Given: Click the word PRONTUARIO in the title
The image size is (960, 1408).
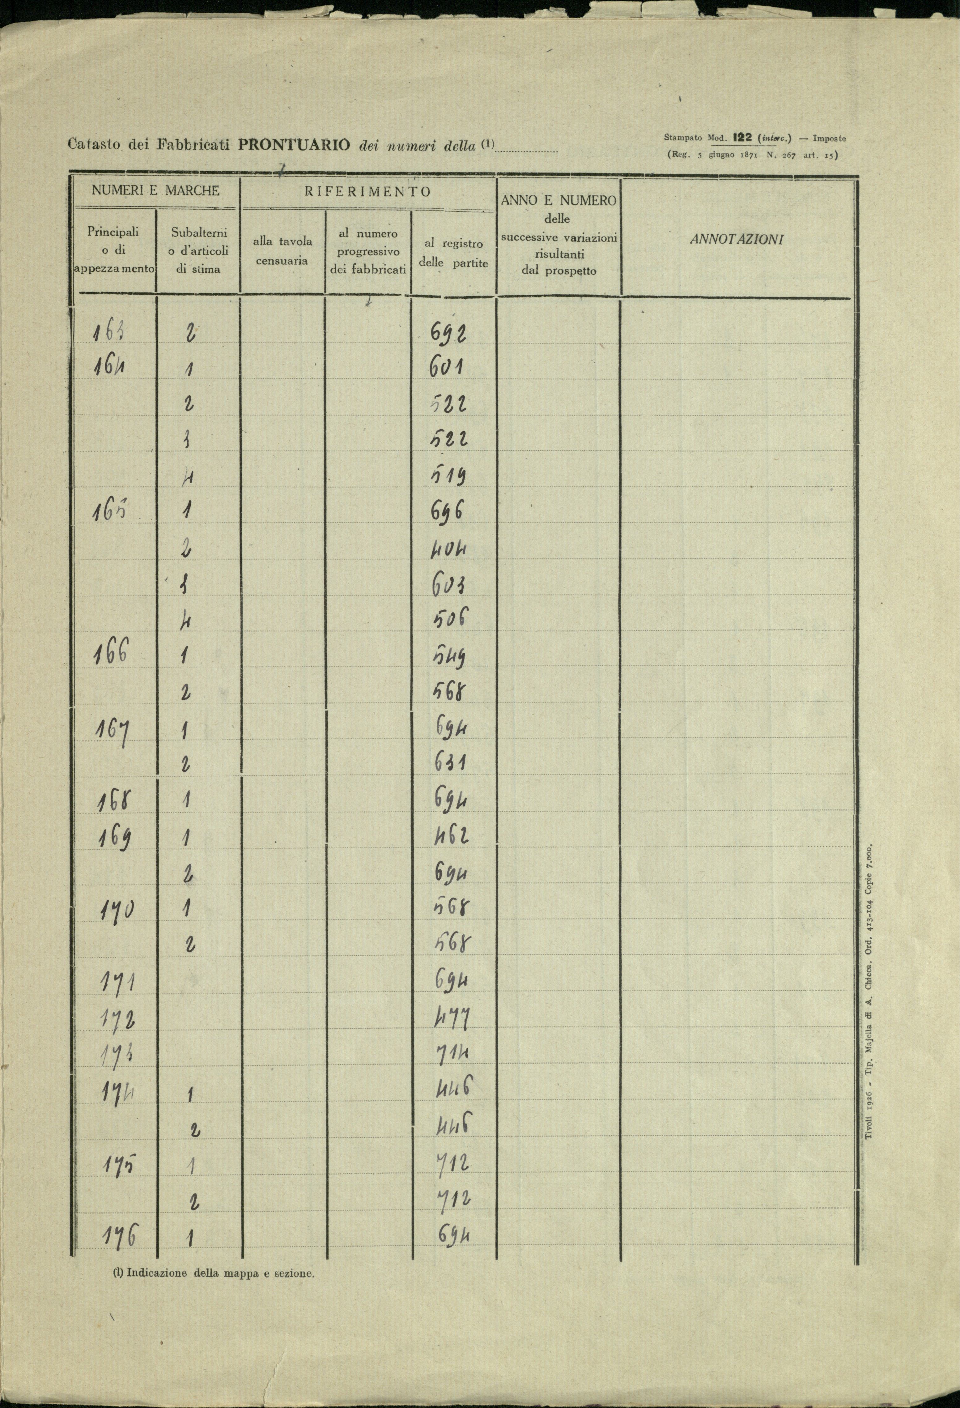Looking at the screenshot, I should tap(294, 145).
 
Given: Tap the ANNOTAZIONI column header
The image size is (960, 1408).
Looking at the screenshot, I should tap(737, 239).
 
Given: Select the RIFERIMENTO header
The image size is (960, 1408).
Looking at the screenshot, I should tap(367, 192).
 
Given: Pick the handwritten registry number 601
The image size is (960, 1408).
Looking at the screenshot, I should tap(447, 367).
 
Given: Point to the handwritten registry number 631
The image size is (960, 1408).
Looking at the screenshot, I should tap(449, 764).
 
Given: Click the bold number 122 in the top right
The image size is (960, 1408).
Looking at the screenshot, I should tap(742, 138).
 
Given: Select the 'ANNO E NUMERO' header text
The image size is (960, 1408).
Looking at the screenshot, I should tap(559, 201).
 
